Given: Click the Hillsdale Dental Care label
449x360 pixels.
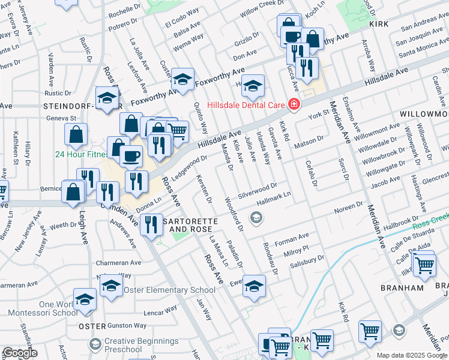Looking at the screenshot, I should point(246,104).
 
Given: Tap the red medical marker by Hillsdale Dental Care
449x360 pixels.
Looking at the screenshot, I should point(294,104).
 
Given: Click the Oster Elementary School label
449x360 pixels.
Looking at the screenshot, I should point(169,290).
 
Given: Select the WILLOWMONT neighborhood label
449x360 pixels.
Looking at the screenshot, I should point(426,113).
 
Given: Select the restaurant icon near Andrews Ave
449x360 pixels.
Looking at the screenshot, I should point(151,225).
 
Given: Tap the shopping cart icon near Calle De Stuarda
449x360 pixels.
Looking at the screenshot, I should point(424,263).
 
